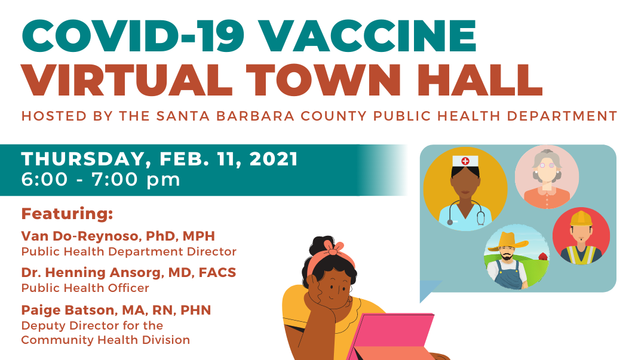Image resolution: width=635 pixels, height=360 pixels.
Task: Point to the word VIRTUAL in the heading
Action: (x=127, y=79)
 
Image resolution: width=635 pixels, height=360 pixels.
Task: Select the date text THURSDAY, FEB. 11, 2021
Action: (x=159, y=159)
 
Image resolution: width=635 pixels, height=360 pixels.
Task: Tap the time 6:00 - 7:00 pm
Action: (x=100, y=179)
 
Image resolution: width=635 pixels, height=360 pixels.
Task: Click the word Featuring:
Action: (x=68, y=213)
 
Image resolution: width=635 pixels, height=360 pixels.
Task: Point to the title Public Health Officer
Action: (x=85, y=288)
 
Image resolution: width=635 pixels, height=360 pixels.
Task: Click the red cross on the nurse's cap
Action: (x=465, y=161)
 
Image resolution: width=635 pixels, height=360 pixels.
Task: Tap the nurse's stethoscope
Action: (x=465, y=212)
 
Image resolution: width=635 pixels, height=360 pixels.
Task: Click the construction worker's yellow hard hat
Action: (x=581, y=219)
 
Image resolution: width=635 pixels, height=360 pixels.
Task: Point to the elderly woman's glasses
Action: (x=547, y=165)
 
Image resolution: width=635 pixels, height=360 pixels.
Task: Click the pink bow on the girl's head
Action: (x=334, y=247)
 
